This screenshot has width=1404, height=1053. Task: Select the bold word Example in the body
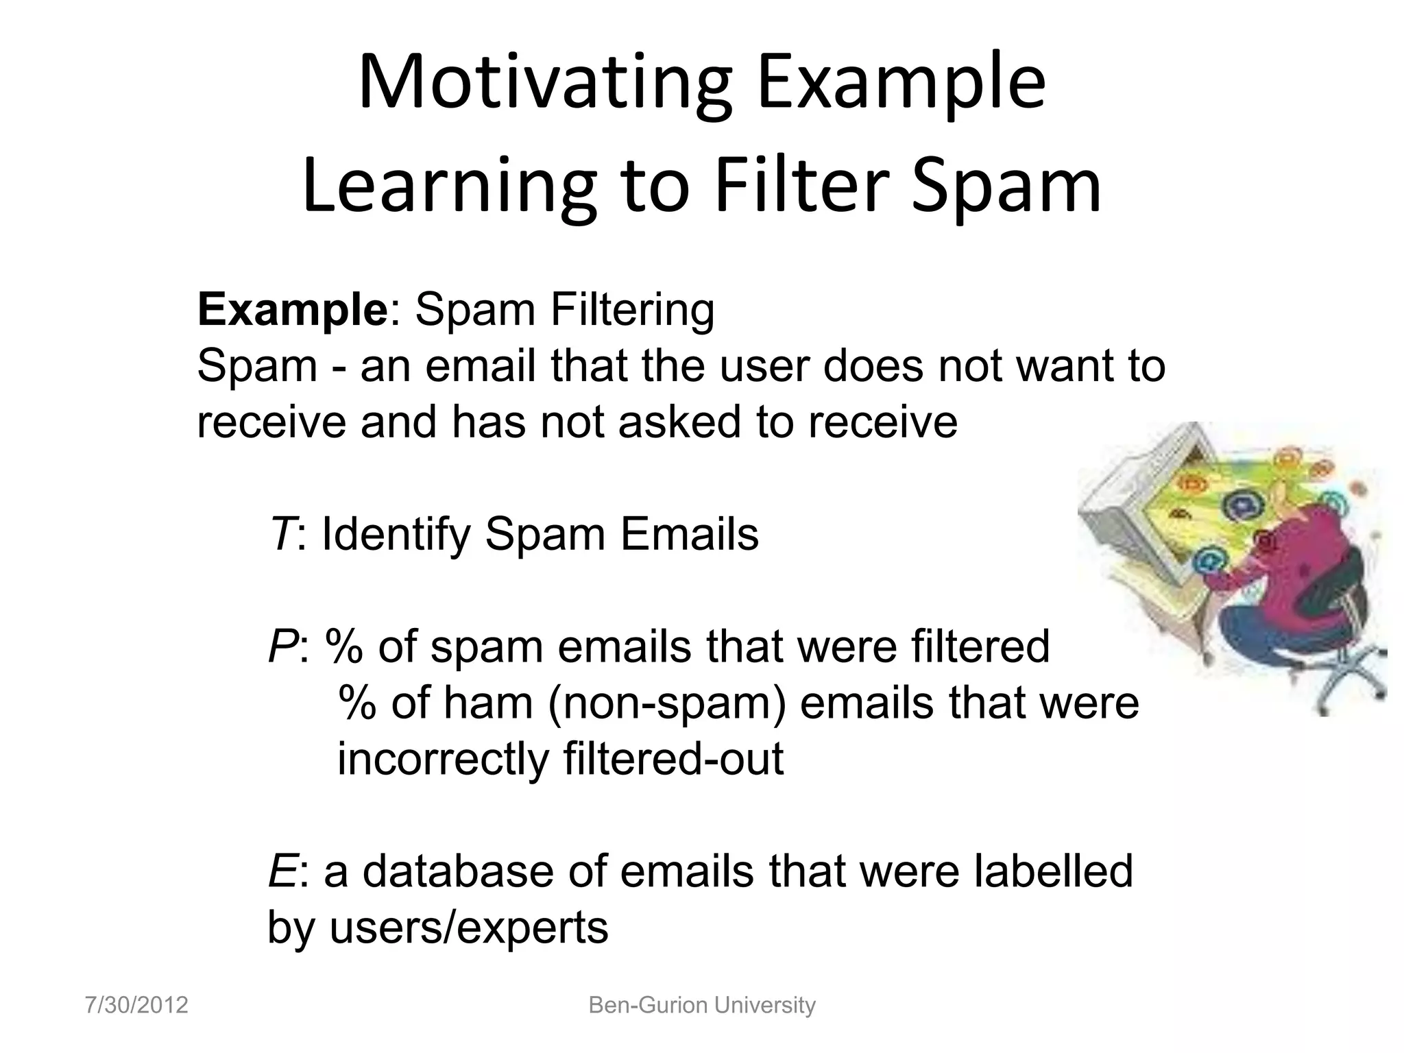[x=293, y=310]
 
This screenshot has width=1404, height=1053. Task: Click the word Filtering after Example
[x=632, y=310]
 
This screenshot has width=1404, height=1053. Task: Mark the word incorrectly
[x=442, y=759]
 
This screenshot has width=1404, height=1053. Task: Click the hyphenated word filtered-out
[x=673, y=759]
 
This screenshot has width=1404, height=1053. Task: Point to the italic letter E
[x=282, y=871]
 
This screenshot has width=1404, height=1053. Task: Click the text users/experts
[x=469, y=928]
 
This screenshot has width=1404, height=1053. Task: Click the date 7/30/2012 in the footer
[x=136, y=1005]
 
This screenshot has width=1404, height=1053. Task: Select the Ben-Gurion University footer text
[x=702, y=1005]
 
